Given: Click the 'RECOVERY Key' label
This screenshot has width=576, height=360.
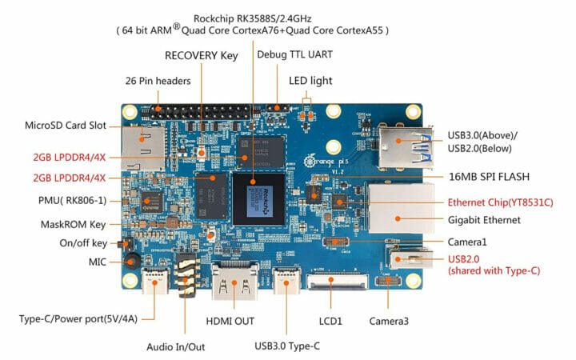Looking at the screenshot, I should point(202,56).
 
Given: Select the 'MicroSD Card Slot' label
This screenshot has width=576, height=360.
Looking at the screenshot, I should point(66,126).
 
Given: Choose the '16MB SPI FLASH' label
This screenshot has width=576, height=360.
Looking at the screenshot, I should point(490,176).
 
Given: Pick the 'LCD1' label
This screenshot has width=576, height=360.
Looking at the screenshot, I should point(330,321).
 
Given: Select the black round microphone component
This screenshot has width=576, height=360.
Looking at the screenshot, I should point(134,260).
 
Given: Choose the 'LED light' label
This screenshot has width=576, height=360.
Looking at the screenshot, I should point(310,81).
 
